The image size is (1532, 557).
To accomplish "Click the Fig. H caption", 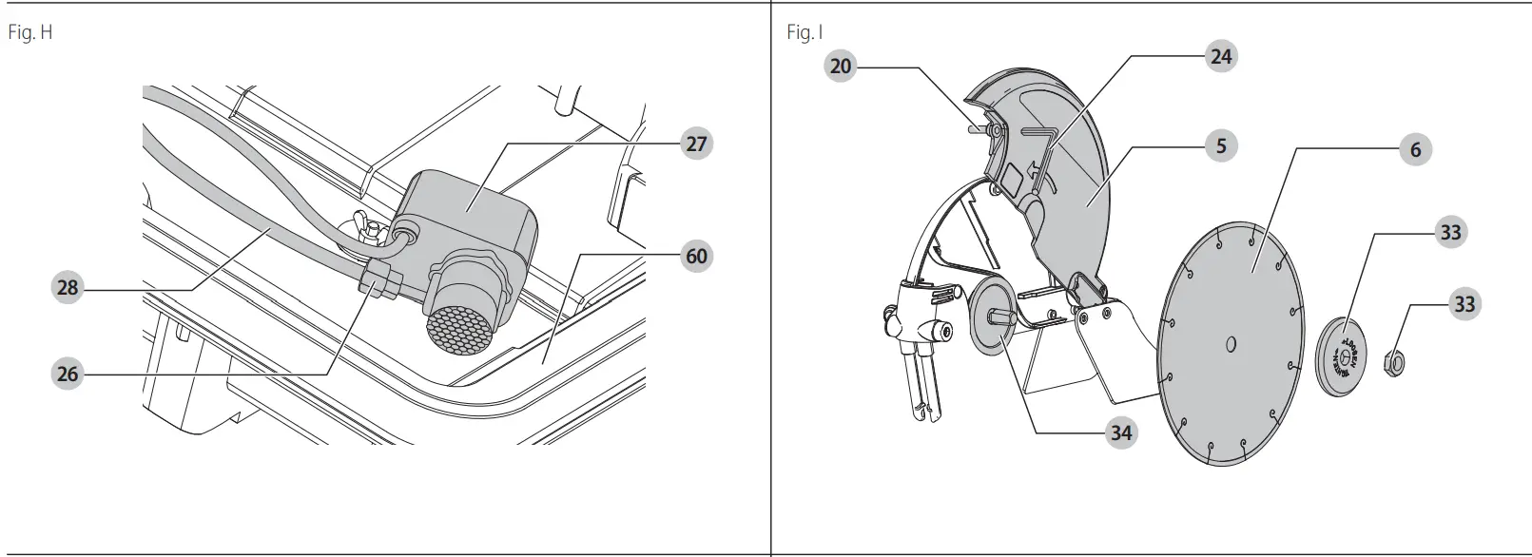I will tap(29, 33).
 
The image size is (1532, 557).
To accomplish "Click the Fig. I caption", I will tap(804, 33).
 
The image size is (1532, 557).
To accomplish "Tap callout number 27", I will tap(697, 144).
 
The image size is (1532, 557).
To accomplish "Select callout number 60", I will tap(697, 256).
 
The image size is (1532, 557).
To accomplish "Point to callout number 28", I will tap(68, 287).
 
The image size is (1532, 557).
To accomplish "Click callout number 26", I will tap(68, 374).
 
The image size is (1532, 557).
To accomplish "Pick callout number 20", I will tap(841, 66).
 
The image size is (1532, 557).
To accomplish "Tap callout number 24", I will tap(1221, 56).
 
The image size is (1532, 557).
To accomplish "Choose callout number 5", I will tap(1221, 145).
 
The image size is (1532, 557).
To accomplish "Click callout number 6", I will tap(1415, 149).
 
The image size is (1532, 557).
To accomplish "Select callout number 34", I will tap(1121, 432).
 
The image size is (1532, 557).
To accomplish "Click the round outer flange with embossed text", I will tap(1341, 354).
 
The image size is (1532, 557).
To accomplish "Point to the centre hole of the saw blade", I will tap(1231, 343).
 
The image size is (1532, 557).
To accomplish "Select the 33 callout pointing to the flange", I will tap(1450, 232).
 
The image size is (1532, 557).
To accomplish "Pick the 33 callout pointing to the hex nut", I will tap(1464, 304).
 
